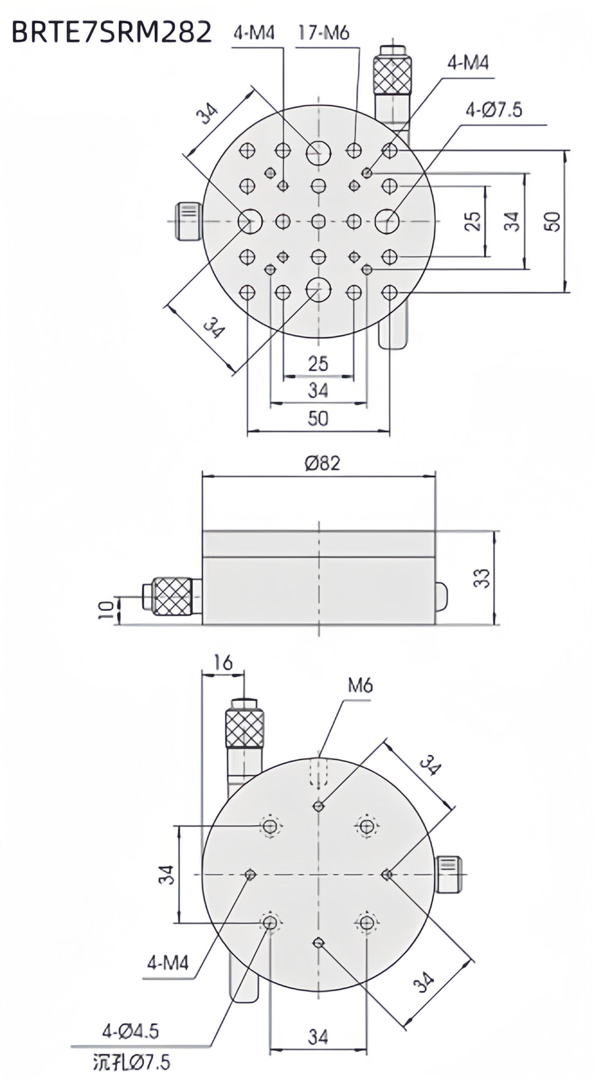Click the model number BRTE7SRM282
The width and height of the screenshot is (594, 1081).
pos(111,32)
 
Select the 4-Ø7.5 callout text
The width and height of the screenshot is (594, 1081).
pos(494,110)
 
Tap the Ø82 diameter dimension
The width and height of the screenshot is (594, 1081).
pos(322,463)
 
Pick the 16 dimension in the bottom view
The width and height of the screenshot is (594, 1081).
pos(223,663)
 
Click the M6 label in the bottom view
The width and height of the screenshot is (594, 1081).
pos(360,686)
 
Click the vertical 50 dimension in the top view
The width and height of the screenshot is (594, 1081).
pos(553,222)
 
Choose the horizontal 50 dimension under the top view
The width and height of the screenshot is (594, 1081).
pos(318,418)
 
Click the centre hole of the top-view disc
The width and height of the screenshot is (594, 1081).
pos(319,221)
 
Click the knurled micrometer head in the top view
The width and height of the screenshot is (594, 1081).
pos(392,74)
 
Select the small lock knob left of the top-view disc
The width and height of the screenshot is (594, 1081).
pos(188,222)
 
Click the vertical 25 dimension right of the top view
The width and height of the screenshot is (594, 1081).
pos(473,221)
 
